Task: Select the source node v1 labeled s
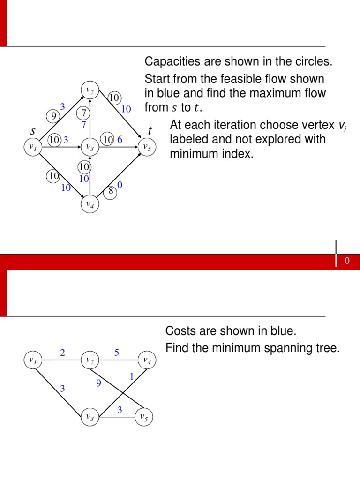[33, 147]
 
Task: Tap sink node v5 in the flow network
[147, 147]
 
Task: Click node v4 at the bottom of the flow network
[90, 204]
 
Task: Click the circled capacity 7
[84, 113]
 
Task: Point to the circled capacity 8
[111, 191]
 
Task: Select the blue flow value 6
[120, 140]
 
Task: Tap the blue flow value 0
[120, 186]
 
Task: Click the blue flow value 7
[83, 125]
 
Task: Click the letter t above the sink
[150, 130]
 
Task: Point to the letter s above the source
[33, 131]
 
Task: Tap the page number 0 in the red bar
[347, 262]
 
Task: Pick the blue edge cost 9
[99, 383]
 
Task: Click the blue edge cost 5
[117, 352]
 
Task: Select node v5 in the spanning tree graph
[144, 417]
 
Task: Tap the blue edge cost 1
[132, 376]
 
